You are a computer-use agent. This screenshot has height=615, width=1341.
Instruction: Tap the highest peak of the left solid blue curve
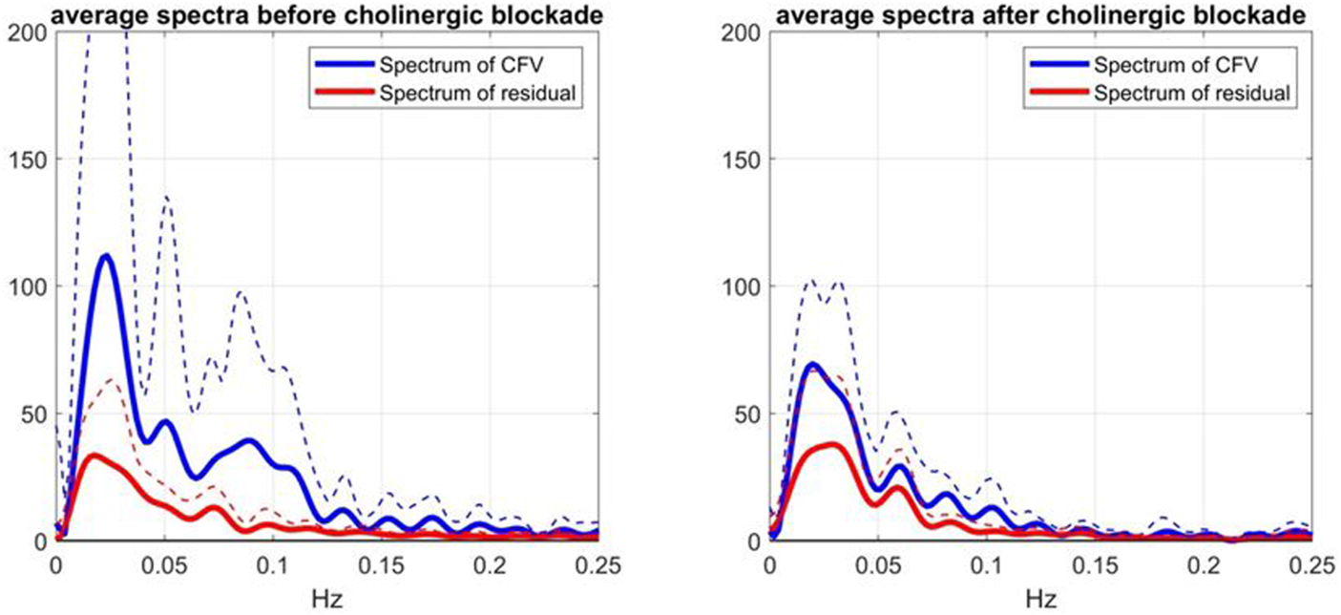click(x=105, y=255)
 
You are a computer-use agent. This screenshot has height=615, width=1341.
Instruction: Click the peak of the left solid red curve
click(x=94, y=455)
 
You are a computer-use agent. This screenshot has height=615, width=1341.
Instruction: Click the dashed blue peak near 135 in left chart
click(x=166, y=198)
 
